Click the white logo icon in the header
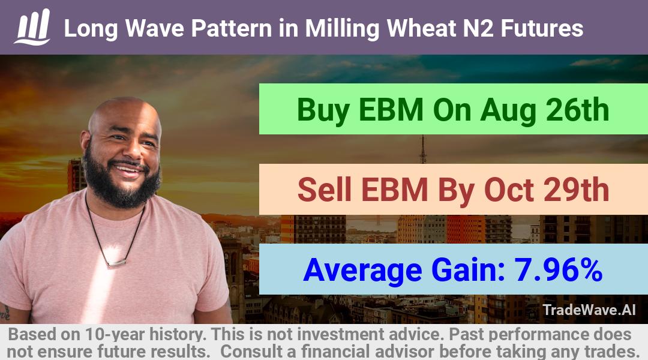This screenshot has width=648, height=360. point(32,27)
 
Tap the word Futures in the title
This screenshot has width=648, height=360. point(542,29)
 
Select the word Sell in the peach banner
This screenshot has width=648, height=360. point(325,190)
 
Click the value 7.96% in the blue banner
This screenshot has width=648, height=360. point(558,270)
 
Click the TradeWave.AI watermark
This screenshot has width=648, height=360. point(589,310)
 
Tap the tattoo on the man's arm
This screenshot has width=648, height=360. point(5,312)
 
